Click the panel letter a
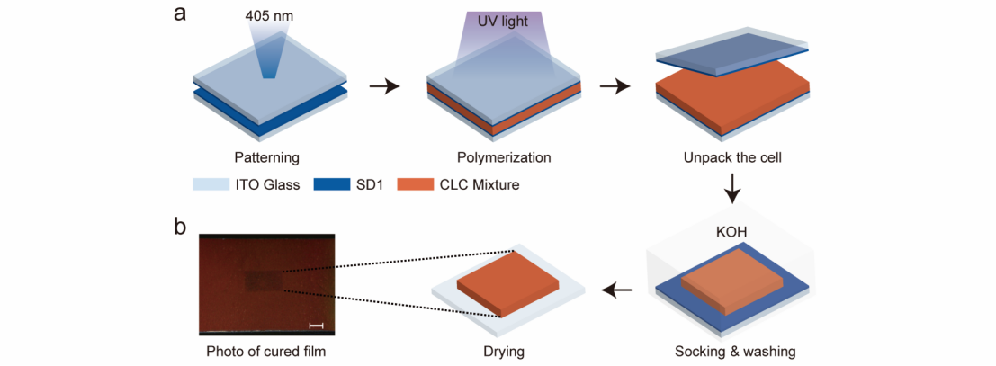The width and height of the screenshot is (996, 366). click(180, 15)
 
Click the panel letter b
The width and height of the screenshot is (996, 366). click(180, 226)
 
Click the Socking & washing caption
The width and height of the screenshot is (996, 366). click(734, 351)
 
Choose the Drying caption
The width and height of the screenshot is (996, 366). click(507, 351)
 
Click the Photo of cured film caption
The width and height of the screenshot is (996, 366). click(265, 351)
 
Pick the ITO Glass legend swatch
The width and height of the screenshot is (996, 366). click(207, 185)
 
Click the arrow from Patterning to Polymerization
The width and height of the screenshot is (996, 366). click(384, 87)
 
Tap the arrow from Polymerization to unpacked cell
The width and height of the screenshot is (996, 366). click(615, 87)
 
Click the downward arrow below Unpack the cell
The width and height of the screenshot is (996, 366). click(734, 190)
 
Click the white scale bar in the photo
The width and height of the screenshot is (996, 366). click(316, 325)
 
